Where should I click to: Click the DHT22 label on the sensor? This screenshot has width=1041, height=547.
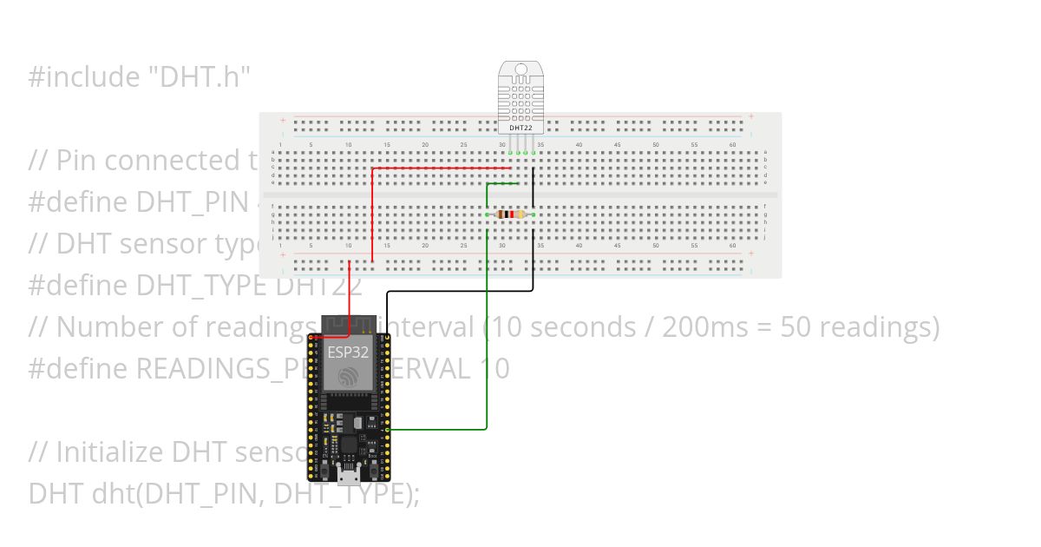[x=520, y=128]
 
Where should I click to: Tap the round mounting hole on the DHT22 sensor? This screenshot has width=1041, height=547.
[x=520, y=70]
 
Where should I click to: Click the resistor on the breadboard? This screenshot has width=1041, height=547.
[x=510, y=214]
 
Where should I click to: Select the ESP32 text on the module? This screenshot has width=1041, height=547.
[x=347, y=352]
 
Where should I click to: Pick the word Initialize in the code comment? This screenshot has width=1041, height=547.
[x=109, y=452]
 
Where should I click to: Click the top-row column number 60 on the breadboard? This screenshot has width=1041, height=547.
[x=732, y=144]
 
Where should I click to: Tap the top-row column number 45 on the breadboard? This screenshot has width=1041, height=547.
[x=617, y=144]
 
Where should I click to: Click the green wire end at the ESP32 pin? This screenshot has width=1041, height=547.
[x=386, y=429]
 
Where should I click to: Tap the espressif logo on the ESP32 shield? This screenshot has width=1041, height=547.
[x=347, y=376]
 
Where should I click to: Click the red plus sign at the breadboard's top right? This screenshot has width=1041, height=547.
[x=751, y=117]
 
